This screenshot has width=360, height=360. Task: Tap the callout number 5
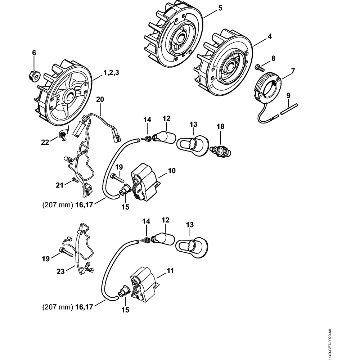point(220,8)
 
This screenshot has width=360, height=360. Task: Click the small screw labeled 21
point(75,180)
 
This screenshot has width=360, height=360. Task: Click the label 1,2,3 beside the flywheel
point(111,73)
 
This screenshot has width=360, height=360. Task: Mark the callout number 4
point(269,36)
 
